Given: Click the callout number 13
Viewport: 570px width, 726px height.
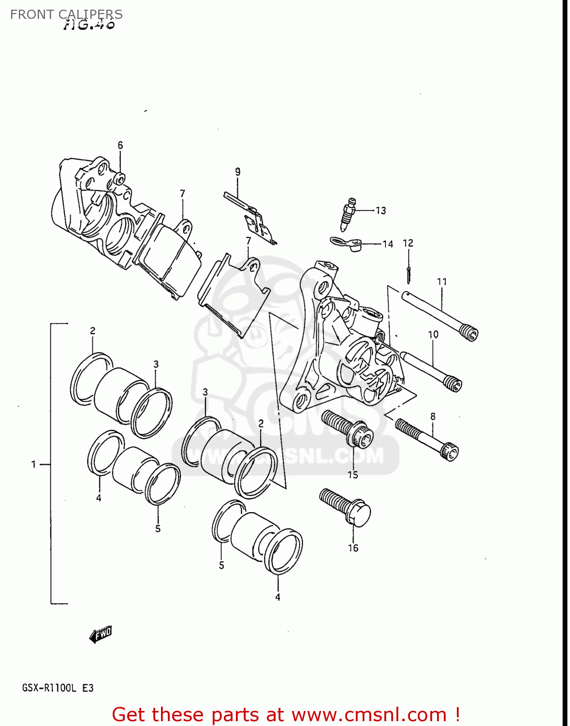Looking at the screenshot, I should (x=380, y=211).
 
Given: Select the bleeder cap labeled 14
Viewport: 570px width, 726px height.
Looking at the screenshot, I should (x=347, y=243).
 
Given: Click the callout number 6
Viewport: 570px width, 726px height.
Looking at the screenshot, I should (x=120, y=145).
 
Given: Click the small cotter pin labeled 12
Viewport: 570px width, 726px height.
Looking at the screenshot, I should (x=409, y=275).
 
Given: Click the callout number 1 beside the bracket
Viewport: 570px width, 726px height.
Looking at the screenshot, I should (x=33, y=465).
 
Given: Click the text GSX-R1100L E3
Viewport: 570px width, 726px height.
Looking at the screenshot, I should (x=58, y=688).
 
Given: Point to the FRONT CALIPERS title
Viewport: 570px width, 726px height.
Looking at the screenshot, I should (x=66, y=15).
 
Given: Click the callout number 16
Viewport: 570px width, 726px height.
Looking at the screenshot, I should (x=353, y=548).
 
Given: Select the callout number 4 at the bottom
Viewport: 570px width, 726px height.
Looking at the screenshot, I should (x=278, y=598).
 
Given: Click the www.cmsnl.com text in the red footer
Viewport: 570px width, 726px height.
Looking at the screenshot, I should (x=369, y=714).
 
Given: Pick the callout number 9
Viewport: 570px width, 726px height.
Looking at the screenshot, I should (x=237, y=172).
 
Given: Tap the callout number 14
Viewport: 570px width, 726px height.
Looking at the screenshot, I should (x=388, y=244).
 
